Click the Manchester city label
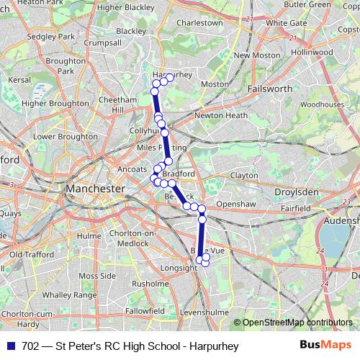click(95, 189)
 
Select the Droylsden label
click(298, 192)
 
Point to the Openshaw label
click(237, 204)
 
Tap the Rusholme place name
click(150, 283)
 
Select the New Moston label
click(251, 55)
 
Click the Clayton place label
click(244, 175)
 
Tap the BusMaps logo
click(325, 346)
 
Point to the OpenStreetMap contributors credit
click(297, 323)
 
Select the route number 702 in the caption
click(30, 346)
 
